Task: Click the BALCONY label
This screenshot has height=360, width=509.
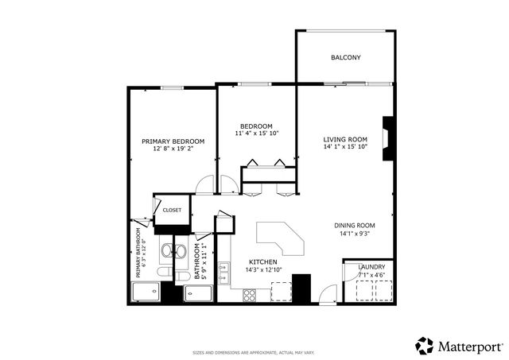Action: (345, 57)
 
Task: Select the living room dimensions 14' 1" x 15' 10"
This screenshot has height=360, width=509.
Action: (345, 146)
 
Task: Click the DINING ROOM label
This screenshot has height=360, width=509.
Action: (354, 225)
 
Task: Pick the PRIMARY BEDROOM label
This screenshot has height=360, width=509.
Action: (173, 141)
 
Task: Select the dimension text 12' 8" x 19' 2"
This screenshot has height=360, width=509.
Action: (173, 149)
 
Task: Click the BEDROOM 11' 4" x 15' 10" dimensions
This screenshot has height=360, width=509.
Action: (257, 134)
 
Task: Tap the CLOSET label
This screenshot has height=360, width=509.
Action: (172, 210)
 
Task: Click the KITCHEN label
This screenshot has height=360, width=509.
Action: (262, 261)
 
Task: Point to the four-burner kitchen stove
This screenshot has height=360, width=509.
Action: (250, 294)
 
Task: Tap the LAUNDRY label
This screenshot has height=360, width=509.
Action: (371, 267)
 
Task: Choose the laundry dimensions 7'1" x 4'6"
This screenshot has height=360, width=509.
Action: (371, 275)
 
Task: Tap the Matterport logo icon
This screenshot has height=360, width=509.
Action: (425, 346)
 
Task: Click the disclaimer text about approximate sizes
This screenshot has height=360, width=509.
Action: (254, 352)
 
